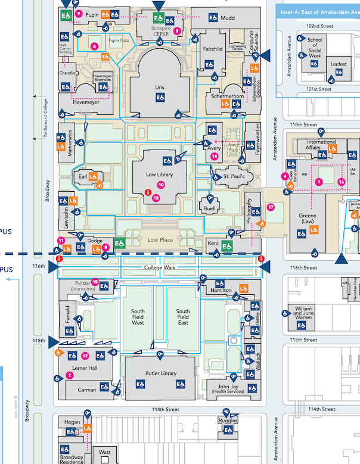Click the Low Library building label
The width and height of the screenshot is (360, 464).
[x=159, y=174]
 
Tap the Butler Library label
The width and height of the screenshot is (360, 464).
[x=160, y=373]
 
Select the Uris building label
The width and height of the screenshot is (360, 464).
[x=159, y=88]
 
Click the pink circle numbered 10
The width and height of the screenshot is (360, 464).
[x=160, y=185]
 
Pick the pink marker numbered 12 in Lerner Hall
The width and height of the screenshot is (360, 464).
[x=85, y=356]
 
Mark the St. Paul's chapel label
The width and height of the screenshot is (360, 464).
[x=234, y=177]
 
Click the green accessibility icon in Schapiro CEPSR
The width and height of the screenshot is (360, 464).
[x=159, y=18]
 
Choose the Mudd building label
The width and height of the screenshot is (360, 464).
[x=227, y=18]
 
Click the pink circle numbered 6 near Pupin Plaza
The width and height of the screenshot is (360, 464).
[x=94, y=46]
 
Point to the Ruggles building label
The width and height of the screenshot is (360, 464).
[x=228, y=421]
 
